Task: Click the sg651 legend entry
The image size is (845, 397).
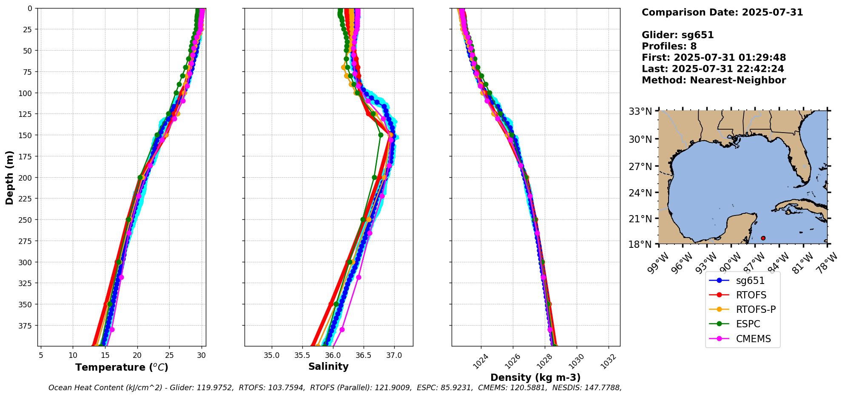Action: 750,281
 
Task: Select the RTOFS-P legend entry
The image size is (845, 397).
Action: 756,309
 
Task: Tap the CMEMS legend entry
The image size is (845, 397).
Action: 753,339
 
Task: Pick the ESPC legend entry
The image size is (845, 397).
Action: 748,324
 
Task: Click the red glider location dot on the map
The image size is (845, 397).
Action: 763,238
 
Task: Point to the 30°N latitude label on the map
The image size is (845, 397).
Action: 640,139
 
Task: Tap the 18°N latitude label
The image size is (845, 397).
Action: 640,244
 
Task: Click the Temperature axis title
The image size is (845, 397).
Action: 122,367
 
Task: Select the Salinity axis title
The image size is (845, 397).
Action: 328,366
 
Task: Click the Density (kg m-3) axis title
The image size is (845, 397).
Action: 535,377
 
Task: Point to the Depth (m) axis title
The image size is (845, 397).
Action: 9,177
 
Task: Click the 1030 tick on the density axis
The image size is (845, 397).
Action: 577,361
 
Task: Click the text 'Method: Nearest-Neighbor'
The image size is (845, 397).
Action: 714,80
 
